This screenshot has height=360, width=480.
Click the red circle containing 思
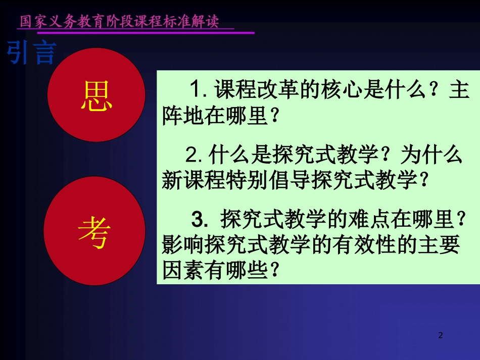tap(96, 96)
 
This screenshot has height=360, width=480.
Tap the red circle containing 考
tap(94, 231)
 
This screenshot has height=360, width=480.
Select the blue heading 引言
tap(31, 53)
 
